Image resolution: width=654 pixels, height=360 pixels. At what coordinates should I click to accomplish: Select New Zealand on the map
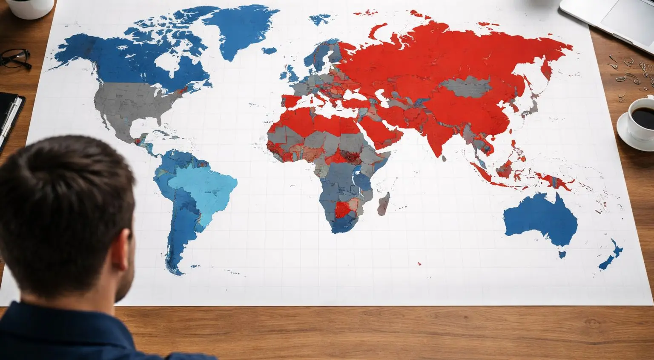click(611, 255)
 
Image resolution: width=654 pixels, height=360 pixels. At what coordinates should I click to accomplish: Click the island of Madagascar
click(384, 203)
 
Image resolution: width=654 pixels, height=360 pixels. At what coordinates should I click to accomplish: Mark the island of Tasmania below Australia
click(562, 254)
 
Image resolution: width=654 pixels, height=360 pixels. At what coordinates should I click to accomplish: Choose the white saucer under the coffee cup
click(628, 136)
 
